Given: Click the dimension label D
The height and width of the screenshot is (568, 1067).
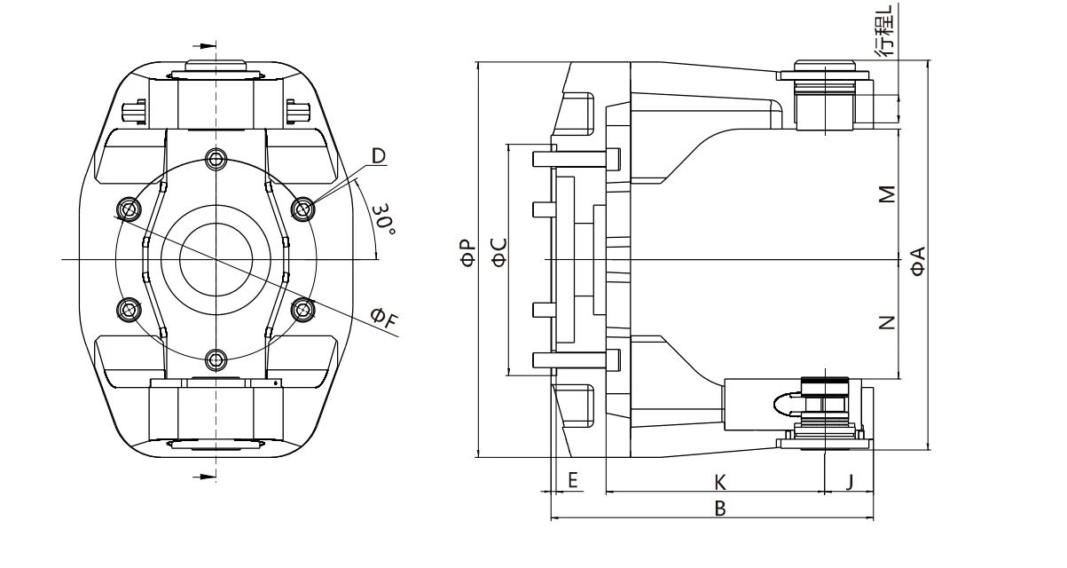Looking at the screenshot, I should pos(379,156).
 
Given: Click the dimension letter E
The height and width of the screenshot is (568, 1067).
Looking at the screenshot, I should pos(572,481).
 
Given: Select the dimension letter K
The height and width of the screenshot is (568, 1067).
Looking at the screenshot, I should pos(720,481).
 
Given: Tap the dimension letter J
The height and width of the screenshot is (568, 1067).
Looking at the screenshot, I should pos(849,481).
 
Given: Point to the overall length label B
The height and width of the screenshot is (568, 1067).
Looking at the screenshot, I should pos(720,509).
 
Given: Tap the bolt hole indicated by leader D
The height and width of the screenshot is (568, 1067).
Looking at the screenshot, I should pos(303,209).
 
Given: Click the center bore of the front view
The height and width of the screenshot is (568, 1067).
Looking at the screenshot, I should pos(216,259).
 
